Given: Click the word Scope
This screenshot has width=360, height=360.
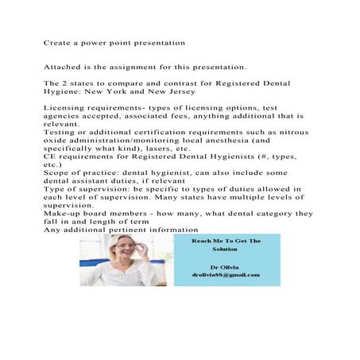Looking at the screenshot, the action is coord(57,175).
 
